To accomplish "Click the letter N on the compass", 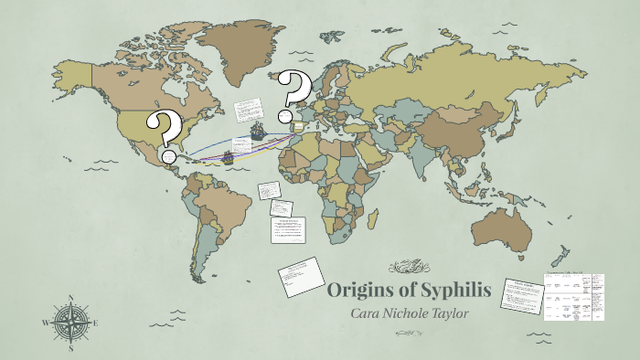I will point(70,298).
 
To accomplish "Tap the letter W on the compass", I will point(45,323).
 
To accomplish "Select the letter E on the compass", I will point(96,323).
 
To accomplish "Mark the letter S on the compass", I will point(70,347).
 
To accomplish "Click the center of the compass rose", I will point(70,323).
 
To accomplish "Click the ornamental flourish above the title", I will point(410,268).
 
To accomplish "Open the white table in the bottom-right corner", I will point(574,296).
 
